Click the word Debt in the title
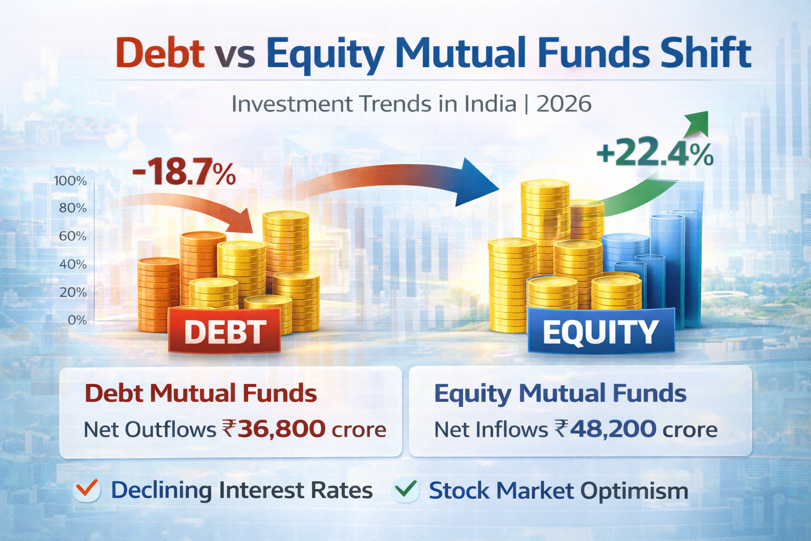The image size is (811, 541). click(x=160, y=53)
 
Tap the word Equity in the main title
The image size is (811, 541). click(x=325, y=54)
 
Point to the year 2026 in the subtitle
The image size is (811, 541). click(x=564, y=104)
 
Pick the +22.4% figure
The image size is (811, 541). click(x=655, y=154)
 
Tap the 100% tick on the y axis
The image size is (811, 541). click(x=70, y=181)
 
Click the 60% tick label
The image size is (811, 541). click(x=72, y=236)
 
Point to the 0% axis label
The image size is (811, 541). click(x=77, y=320)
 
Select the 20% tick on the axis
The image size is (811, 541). click(x=73, y=292)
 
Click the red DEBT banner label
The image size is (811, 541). click(x=225, y=332)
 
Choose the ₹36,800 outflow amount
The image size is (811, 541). click(x=274, y=429)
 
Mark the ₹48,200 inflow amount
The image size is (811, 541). click(x=606, y=429)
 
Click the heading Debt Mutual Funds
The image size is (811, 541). click(x=201, y=394)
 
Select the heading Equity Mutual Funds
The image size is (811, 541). click(x=560, y=394)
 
